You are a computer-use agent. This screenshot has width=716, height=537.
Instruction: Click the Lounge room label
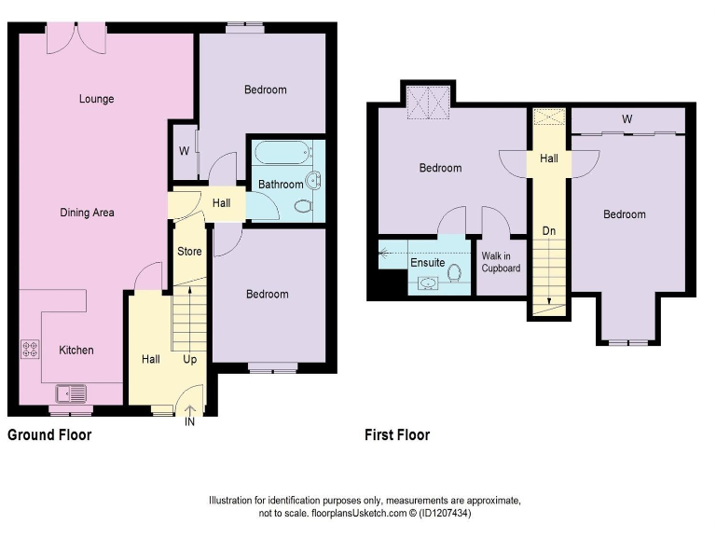point(96,99)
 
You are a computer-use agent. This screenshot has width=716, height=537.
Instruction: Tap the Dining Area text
point(87,213)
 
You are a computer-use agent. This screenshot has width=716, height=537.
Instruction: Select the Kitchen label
point(76,351)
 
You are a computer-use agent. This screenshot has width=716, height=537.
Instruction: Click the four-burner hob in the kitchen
point(30,351)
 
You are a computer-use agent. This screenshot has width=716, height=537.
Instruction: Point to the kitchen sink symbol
point(71,394)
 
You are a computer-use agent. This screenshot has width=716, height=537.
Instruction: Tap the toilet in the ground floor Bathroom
point(300,206)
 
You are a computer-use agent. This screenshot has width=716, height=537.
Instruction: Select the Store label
point(189,252)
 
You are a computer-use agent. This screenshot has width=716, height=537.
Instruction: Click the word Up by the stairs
point(189,359)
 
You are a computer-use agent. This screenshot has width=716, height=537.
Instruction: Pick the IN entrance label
point(190,422)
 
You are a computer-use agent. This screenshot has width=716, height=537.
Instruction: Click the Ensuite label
point(428,263)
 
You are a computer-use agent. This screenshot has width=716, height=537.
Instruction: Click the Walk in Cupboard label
point(501,262)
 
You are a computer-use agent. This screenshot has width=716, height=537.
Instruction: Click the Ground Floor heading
point(49,434)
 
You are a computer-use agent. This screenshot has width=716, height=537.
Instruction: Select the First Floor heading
point(397,434)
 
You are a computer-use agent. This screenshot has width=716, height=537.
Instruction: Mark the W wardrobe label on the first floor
point(627,119)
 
